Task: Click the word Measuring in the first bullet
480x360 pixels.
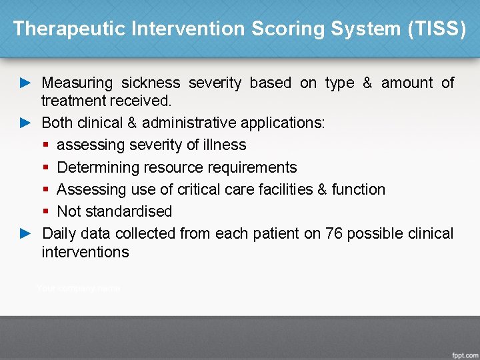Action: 77,83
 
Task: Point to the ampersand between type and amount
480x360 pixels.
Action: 367,83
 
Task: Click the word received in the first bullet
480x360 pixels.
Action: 144,101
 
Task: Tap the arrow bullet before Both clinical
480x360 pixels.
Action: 25,123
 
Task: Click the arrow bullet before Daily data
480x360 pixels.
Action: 25,233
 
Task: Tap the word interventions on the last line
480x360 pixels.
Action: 85,252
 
